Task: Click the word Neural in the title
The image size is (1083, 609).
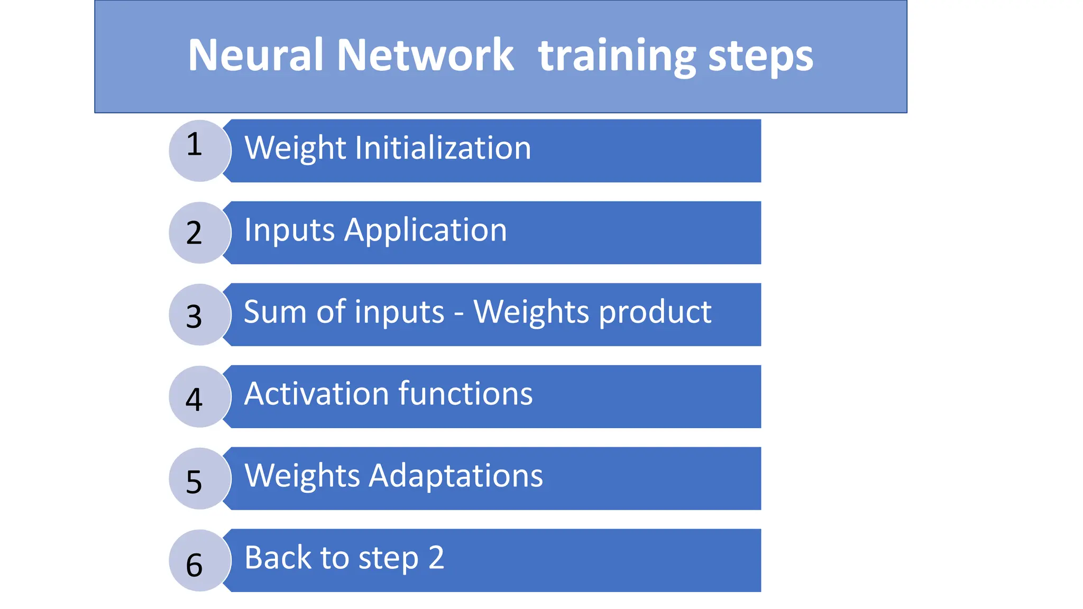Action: click(x=255, y=55)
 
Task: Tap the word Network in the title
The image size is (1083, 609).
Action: click(x=425, y=55)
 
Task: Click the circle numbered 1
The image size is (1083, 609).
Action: click(x=199, y=151)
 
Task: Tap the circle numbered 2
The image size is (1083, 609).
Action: click(x=199, y=233)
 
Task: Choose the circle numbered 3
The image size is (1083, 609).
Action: click(x=199, y=315)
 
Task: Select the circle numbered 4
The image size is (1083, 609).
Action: click(x=199, y=396)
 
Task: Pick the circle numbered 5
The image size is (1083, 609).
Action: click(x=199, y=478)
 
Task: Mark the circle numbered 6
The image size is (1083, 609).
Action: click(x=199, y=560)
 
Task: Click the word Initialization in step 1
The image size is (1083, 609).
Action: click(x=443, y=147)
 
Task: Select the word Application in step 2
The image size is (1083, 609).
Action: click(x=426, y=230)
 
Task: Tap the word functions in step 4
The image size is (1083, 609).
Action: click(x=465, y=394)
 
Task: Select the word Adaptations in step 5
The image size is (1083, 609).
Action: click(x=456, y=475)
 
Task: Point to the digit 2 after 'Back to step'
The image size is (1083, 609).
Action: click(x=436, y=557)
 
